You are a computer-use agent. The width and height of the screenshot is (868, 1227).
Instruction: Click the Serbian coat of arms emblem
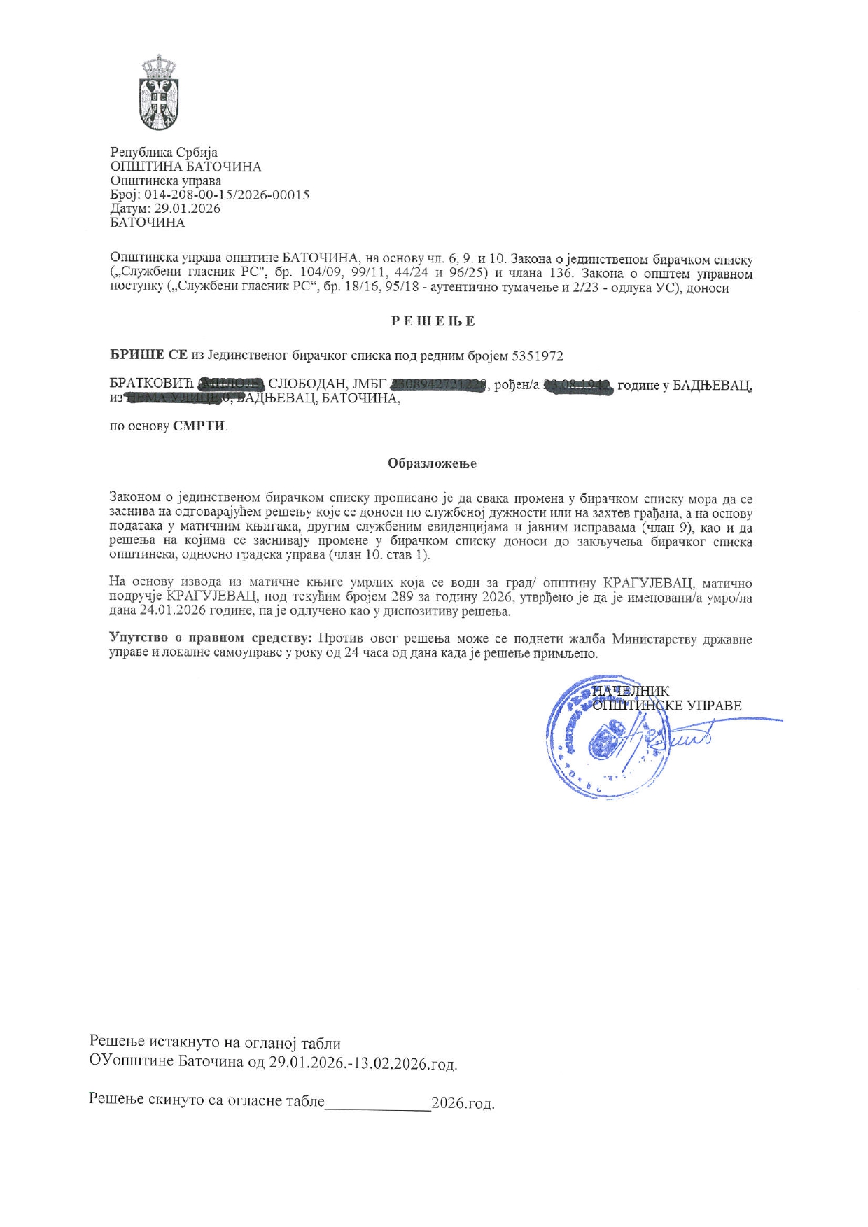click(x=159, y=93)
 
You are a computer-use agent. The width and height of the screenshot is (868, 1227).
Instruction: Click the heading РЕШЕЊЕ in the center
click(x=433, y=321)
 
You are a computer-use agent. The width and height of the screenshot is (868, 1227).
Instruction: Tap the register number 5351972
click(x=538, y=356)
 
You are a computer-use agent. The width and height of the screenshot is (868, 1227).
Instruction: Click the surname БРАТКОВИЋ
click(x=153, y=385)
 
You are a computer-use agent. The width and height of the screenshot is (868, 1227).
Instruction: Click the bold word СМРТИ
click(x=199, y=426)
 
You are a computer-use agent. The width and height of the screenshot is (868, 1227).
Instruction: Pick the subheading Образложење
click(x=433, y=463)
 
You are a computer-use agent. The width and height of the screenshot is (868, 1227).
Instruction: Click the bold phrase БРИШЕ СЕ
click(x=148, y=356)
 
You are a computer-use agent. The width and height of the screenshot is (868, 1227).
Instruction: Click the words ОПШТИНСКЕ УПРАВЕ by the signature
click(x=666, y=706)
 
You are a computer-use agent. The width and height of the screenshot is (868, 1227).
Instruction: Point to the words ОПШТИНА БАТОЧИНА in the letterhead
click(x=186, y=167)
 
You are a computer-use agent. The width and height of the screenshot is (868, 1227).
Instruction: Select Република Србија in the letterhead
click(x=164, y=153)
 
